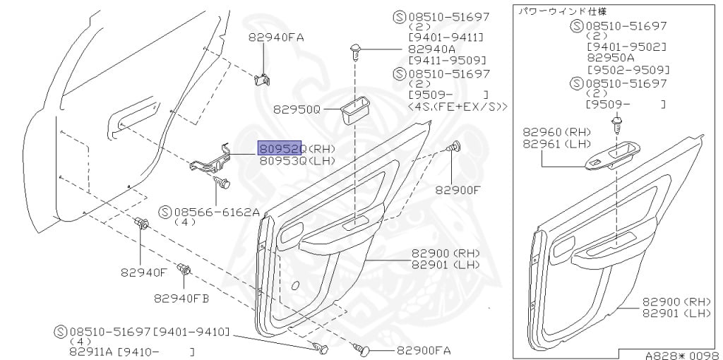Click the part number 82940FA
[276, 37]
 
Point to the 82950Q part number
[297, 110]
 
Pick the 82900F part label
[458, 189]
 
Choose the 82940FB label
[181, 298]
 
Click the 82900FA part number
[424, 350]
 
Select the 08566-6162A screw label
[217, 211]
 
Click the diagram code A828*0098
[681, 354]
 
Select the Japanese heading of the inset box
[562, 11]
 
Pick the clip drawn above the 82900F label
[454, 148]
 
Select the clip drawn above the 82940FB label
[186, 269]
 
